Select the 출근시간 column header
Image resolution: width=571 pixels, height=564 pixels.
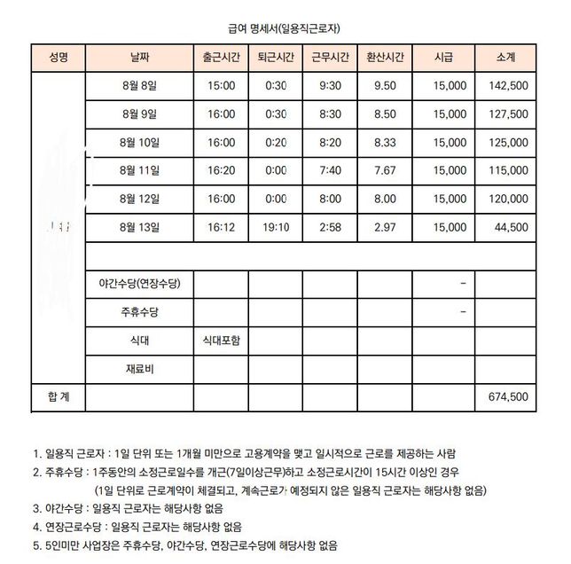pyautogui.click(x=221, y=58)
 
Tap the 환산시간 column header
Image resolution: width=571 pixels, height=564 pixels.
pyautogui.click(x=386, y=58)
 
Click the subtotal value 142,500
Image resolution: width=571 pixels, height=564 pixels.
pyautogui.click(x=508, y=86)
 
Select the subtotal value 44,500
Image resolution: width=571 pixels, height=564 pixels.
pyautogui.click(x=511, y=228)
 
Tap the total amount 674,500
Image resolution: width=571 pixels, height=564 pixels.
pyautogui.click(x=508, y=398)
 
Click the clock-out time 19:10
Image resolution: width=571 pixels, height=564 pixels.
pyautogui.click(x=276, y=228)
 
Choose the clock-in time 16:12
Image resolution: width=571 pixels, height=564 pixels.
pyautogui.click(x=221, y=228)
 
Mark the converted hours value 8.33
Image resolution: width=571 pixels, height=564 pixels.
pyautogui.click(x=386, y=143)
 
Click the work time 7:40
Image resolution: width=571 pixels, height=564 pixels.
pyautogui.click(x=331, y=171)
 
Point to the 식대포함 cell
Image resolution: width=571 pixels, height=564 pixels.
pyautogui.click(x=221, y=341)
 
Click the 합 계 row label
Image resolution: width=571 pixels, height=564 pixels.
pyautogui.click(x=58, y=398)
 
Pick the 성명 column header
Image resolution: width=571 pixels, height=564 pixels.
pyautogui.click(x=58, y=58)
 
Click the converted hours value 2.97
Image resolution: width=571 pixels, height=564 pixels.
pyautogui.click(x=386, y=228)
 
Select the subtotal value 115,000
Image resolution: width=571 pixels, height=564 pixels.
pyautogui.click(x=508, y=171)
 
